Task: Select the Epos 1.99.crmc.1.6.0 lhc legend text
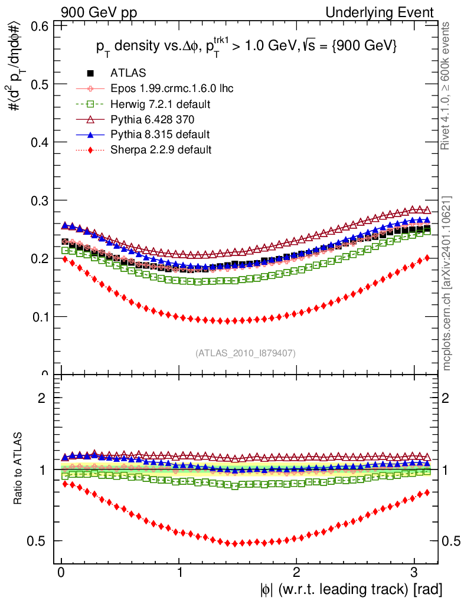tap(172, 89)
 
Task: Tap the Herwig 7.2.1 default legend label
tap(161, 104)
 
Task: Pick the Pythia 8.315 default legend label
tap(160, 134)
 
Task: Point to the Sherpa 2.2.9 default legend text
tap(161, 150)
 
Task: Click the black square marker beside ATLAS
tap(90, 74)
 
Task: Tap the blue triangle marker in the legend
tap(90, 134)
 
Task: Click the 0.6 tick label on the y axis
tap(39, 26)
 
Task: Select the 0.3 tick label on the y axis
tap(39, 201)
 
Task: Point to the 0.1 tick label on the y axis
tap(39, 317)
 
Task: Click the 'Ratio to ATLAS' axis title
tap(18, 470)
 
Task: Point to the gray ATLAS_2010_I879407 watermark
tap(246, 353)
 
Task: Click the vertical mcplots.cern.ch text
tap(447, 283)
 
